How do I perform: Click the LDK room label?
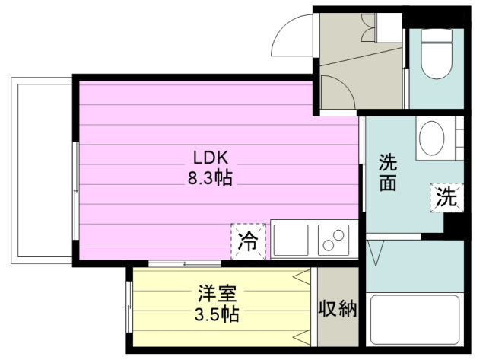(211, 158)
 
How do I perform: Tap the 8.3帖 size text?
(210, 178)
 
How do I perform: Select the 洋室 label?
(218, 294)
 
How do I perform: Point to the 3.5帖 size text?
(217, 315)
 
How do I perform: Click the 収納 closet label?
(338, 308)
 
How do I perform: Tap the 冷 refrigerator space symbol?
(248, 241)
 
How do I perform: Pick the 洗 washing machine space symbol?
(446, 198)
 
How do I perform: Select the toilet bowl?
(437, 53)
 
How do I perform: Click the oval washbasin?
(431, 138)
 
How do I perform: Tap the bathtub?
(415, 320)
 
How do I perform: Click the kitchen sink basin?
(291, 241)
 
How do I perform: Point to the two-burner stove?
(333, 241)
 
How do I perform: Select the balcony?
(42, 170)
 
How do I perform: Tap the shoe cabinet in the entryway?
(389, 28)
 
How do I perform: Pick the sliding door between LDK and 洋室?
(185, 264)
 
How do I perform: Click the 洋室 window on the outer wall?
(129, 307)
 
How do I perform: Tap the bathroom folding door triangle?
(376, 253)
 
